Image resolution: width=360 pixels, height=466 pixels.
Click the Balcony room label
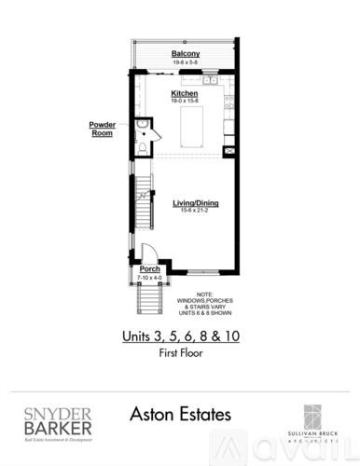[x=186, y=54]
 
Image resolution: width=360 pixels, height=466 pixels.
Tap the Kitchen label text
[x=185, y=94]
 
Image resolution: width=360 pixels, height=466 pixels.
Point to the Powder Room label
[x=103, y=128]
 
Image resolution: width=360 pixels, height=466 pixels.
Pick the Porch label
[x=149, y=270]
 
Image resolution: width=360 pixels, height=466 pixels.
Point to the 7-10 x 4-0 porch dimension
[x=149, y=278]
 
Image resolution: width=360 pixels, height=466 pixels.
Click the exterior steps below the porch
[x=149, y=300]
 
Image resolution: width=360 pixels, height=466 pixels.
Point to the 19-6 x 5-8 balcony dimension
[x=186, y=62]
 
